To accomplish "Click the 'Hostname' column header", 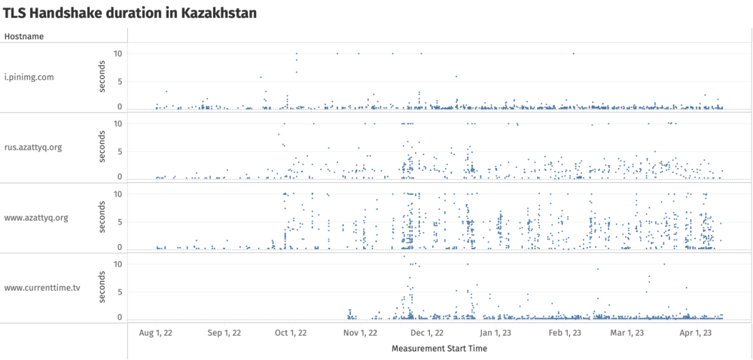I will [x=24, y=36].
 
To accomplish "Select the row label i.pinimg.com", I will [x=29, y=77].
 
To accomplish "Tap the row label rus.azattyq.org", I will [x=33, y=147].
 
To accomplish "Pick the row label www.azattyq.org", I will [x=36, y=218].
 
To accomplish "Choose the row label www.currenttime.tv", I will [x=42, y=288].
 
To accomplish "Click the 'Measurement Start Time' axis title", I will [x=439, y=349].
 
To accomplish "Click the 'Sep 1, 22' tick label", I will [x=224, y=332].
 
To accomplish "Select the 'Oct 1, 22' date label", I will [x=290, y=332].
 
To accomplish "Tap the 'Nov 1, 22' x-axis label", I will [x=359, y=332].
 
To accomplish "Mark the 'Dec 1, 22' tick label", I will [x=427, y=332].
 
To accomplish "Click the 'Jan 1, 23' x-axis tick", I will [x=495, y=332].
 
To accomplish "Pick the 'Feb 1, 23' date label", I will [x=564, y=332].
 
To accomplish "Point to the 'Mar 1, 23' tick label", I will [x=626, y=332].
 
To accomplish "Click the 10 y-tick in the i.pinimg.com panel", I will [x=117, y=53].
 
